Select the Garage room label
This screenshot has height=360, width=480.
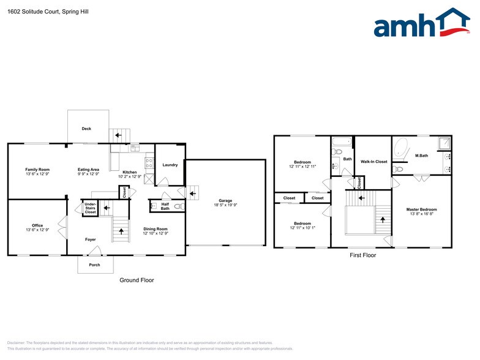225,200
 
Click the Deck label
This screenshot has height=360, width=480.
87,129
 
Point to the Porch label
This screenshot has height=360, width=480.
95,265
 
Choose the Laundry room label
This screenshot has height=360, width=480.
170,165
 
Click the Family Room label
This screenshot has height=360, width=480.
37,170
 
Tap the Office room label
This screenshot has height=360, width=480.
37,225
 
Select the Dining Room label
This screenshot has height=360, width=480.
155,229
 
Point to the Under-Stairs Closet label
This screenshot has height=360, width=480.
90,208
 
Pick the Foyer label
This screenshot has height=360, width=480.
90,239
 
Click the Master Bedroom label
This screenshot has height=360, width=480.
421,209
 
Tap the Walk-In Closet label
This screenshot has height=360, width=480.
373,162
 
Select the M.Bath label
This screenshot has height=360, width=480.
421,156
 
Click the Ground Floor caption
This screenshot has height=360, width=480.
137,280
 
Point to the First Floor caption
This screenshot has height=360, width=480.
362,255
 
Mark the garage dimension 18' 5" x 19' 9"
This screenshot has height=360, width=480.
225,205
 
